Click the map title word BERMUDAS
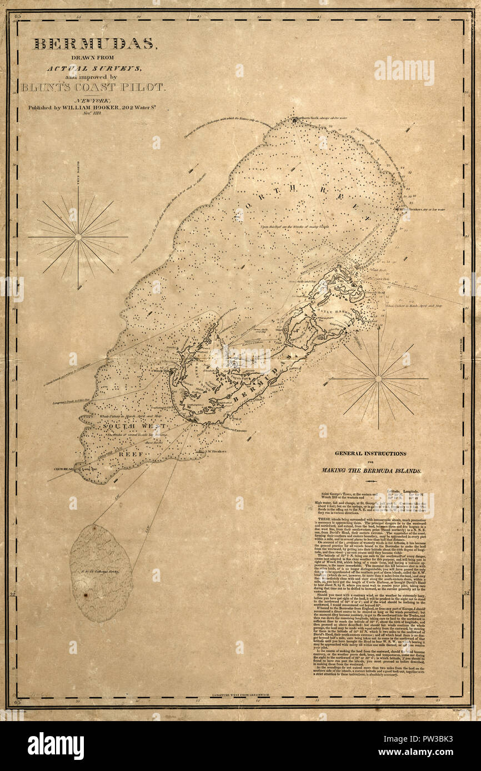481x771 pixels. pyautogui.click(x=95, y=44)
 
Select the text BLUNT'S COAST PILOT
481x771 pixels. pyautogui.click(x=93, y=87)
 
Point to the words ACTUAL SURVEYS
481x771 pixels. pyautogui.click(x=94, y=68)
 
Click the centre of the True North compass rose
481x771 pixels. pyautogui.click(x=78, y=237)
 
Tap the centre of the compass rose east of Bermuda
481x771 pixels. pyautogui.click(x=378, y=379)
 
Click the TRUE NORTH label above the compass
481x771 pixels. pyautogui.click(x=78, y=176)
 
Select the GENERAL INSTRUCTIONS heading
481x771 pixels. pyautogui.click(x=370, y=453)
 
